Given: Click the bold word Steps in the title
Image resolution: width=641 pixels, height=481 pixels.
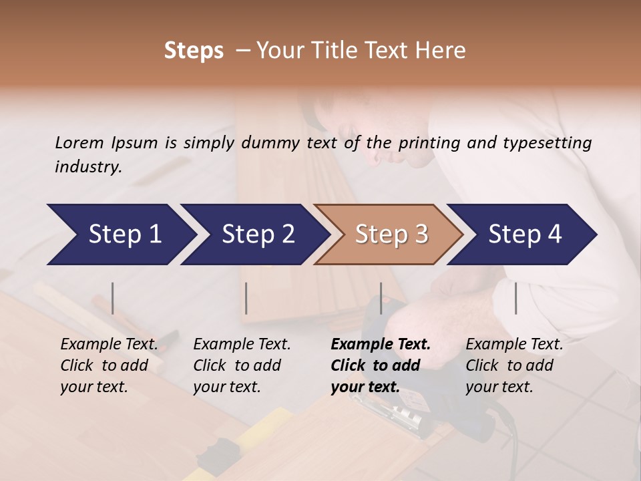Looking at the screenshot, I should point(194,51).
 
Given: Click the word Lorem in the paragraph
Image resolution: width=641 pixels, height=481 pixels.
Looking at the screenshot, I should point(79,142).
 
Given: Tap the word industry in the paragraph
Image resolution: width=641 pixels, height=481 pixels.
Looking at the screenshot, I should point(88,166).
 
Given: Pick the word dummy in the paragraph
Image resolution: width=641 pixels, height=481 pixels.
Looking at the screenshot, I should point(272,142).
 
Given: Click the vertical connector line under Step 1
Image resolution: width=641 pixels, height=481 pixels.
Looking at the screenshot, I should point(113,298).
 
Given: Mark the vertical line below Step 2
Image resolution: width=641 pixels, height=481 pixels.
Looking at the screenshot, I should point(246,298).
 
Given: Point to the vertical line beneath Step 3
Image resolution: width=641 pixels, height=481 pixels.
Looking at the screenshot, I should point(381,298).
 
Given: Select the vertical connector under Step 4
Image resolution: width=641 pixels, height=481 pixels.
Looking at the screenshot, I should point(515,298).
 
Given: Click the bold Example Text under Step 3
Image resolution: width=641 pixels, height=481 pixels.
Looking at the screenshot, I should point(381,344).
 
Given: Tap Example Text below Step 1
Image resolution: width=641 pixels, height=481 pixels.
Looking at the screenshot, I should point(110,344).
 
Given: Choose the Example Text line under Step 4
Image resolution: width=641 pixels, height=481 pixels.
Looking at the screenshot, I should point(514,344).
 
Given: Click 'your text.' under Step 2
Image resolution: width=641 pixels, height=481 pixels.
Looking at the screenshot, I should point(227,387).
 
